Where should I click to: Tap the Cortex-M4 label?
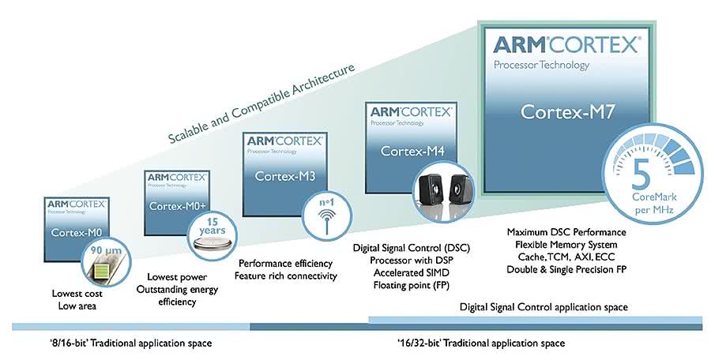(408, 150)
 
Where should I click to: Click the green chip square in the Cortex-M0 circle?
(103, 272)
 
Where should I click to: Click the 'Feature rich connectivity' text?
(286, 276)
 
